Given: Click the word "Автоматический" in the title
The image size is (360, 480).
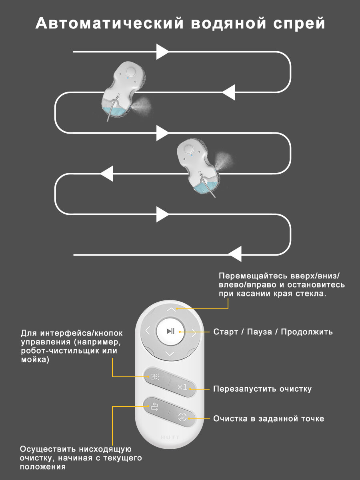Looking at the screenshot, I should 109,24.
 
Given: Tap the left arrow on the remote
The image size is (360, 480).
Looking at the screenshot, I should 148,331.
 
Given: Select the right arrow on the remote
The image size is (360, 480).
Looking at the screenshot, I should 194,332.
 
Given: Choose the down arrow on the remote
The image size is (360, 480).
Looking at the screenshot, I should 170,354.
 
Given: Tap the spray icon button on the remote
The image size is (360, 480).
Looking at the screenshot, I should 154,377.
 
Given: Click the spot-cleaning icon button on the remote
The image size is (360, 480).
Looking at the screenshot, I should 182,418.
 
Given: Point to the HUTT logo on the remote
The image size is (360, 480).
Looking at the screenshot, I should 170,438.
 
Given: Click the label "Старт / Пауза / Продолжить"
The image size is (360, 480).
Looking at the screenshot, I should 273,332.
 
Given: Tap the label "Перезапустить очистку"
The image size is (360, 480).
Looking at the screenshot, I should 262,389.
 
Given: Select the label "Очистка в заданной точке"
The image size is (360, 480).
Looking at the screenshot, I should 268,419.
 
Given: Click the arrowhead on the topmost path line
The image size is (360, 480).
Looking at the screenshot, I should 162,52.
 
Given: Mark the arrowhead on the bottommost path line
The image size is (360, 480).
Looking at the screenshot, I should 235,254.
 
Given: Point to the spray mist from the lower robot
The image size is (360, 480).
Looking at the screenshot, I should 225,160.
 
